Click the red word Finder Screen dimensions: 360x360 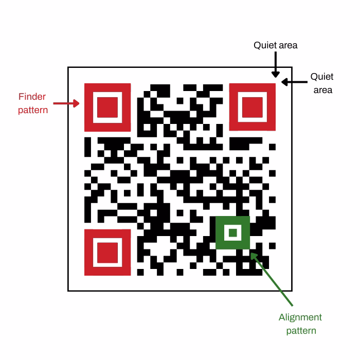pyautogui.click(x=32, y=97)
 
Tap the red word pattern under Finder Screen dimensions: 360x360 pyautogui.click(x=33, y=111)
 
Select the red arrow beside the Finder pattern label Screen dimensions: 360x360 pyautogui.click(x=66, y=103)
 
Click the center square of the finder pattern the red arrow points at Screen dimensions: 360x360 pyautogui.click(x=107, y=107)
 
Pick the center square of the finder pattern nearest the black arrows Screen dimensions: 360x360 pyautogui.click(x=253, y=107)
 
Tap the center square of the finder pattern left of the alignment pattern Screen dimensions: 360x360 pyautogui.click(x=107, y=253)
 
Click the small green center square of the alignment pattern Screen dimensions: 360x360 pyautogui.click(x=233, y=232)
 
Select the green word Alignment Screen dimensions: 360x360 pyautogui.click(x=300, y=317)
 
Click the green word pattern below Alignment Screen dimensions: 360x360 pyautogui.click(x=301, y=331)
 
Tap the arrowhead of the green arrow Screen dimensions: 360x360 pyautogui.click(x=254, y=256)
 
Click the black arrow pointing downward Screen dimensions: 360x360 pyautogui.click(x=276, y=64)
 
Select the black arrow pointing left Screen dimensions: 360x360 pyautogui.click(x=294, y=82)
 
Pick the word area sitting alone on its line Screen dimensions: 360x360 pyautogui.click(x=323, y=90)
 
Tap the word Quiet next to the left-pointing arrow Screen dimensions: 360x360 pyautogui.click(x=322, y=77)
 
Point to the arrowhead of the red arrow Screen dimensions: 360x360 pyautogui.click(x=76, y=103)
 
